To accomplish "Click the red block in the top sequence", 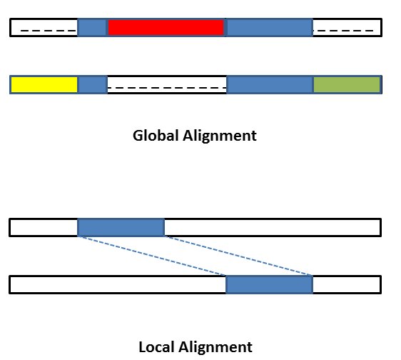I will click(166, 28).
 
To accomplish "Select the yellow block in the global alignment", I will click(44, 85).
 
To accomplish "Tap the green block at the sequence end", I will click(346, 85).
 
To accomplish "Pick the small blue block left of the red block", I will click(92, 28).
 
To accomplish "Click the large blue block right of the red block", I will click(269, 28).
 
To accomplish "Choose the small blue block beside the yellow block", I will click(92, 85).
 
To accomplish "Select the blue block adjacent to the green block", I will click(269, 85).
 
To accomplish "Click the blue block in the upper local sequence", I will click(121, 228).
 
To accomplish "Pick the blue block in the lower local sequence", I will click(269, 284).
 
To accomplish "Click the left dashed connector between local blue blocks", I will click(152, 256).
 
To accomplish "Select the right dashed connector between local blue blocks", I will click(239, 256).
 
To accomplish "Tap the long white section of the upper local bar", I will click(272, 228).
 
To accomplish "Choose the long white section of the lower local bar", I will click(118, 284).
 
